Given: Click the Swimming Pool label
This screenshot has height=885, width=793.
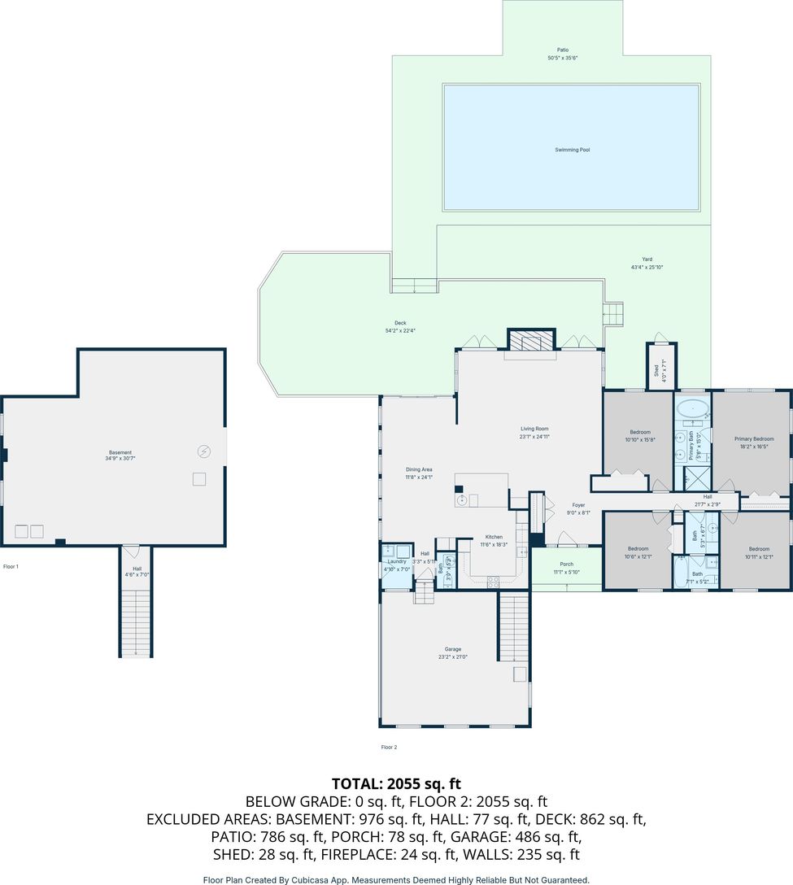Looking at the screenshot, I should click(572, 150).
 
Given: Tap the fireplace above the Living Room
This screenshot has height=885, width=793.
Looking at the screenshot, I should click(531, 339).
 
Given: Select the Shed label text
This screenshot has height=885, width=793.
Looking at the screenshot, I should click(656, 370).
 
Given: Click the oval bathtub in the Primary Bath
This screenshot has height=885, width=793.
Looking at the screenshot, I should click(692, 408).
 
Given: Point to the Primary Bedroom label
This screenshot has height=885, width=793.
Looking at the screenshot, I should click(753, 438).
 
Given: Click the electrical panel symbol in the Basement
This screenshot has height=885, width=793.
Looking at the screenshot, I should click(204, 451).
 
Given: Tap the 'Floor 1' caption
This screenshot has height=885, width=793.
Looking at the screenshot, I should click(11, 566).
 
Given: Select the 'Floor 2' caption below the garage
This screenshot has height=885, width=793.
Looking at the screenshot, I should click(389, 747).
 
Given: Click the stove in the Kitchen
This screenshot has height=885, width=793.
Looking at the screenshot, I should click(493, 580).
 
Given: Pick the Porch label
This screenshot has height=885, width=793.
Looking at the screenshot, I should click(566, 564).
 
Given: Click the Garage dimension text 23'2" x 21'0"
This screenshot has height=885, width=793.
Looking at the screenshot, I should click(453, 656).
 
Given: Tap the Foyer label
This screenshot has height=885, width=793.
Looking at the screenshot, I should click(577, 504).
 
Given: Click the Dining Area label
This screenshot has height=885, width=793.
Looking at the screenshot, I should click(419, 469).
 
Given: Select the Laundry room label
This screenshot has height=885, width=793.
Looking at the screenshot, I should click(397, 561).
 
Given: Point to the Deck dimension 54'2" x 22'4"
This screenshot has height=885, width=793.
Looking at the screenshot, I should click(400, 331).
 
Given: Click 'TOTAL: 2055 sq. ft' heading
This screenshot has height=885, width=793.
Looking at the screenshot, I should click(396, 784).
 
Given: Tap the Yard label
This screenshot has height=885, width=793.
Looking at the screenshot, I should click(647, 259).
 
